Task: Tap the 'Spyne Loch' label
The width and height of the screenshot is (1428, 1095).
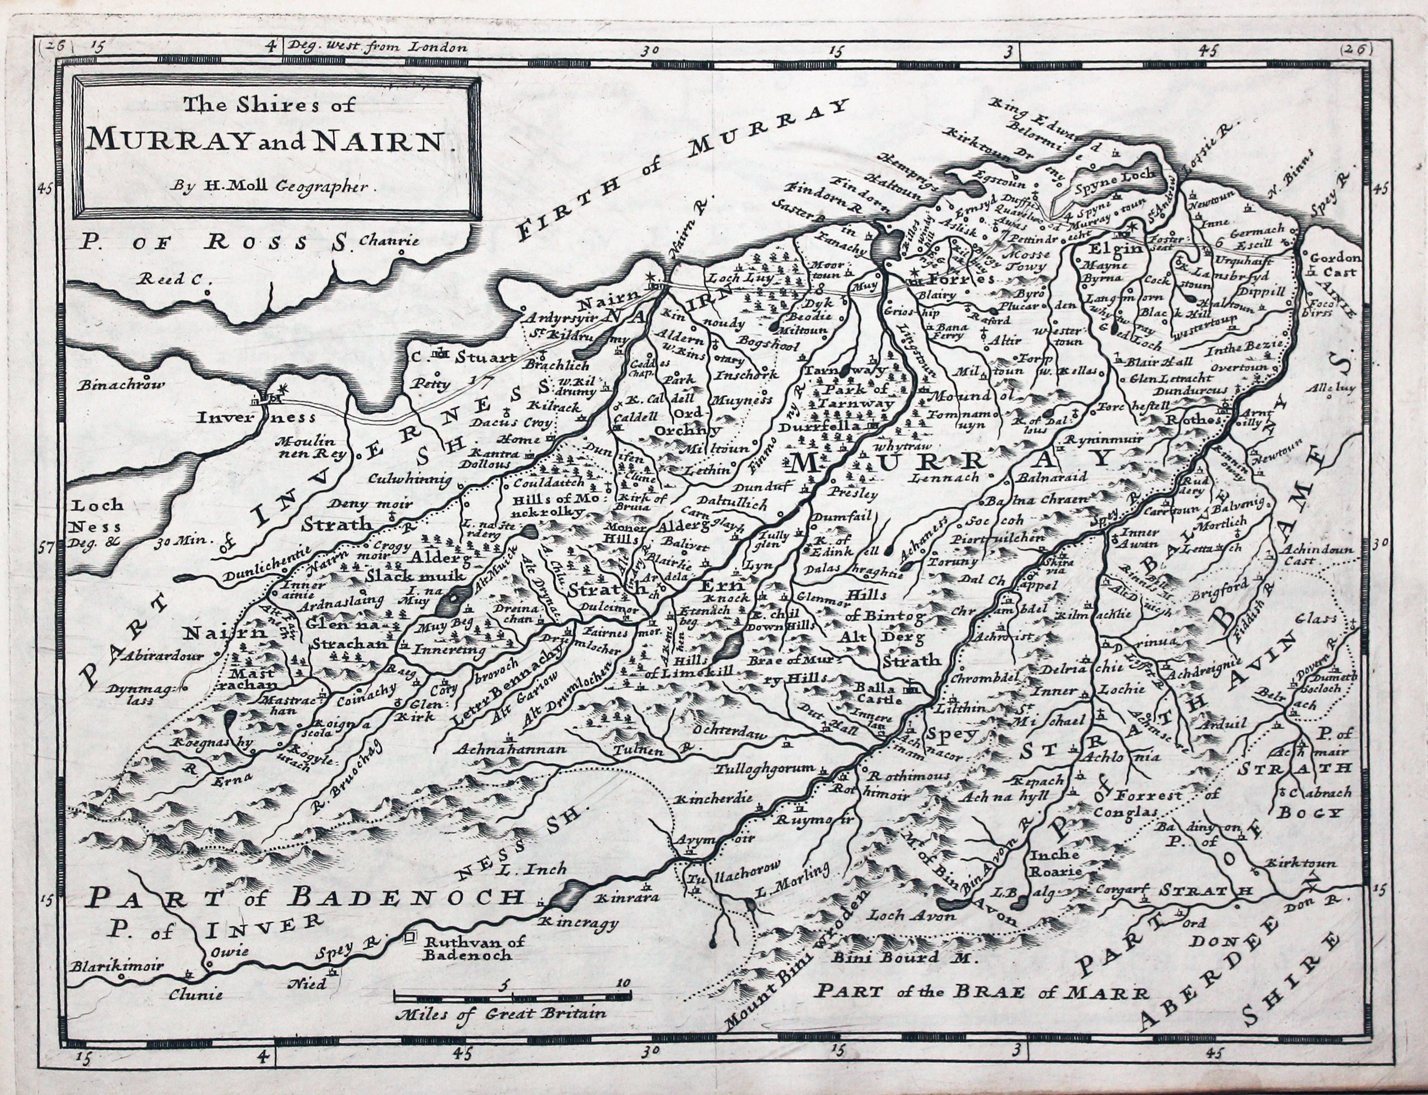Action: coord(1114,175)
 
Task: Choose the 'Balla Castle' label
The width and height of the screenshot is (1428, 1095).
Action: coord(879,694)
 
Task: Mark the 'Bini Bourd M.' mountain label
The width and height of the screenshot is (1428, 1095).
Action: coord(895,957)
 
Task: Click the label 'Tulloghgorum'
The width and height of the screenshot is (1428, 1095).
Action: coord(764,769)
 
